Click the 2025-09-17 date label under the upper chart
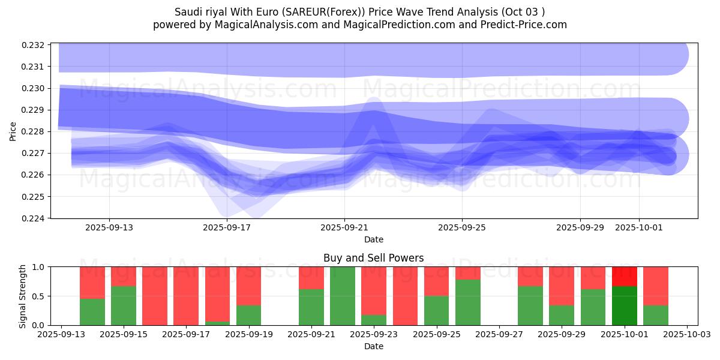tap(227, 228)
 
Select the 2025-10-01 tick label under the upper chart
tap(638, 228)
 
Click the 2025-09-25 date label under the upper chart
tap(462, 228)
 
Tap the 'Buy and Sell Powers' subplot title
tap(373, 258)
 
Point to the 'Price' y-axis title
tap(13, 131)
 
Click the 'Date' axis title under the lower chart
tap(373, 346)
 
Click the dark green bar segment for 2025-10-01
tap(624, 305)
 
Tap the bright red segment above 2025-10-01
tap(624, 276)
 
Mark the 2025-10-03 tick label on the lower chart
tap(686, 335)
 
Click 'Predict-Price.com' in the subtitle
tap(525, 25)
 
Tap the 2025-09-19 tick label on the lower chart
tap(249, 335)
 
